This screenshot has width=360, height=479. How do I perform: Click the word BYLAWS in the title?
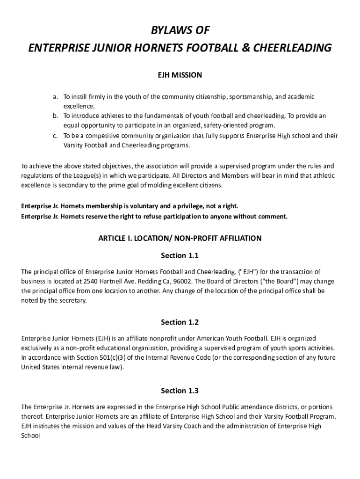(167, 30)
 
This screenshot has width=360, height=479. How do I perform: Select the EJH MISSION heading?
(180, 75)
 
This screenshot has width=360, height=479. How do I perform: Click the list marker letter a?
(55, 97)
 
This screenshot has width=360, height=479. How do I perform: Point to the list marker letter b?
(55, 116)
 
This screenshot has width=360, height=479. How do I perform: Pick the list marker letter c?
(55, 136)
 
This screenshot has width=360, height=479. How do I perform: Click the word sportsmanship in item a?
(251, 97)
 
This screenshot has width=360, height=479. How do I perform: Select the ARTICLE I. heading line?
(180, 238)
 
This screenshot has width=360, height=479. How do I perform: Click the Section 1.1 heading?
(180, 255)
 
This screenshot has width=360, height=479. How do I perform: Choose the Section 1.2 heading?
(180, 322)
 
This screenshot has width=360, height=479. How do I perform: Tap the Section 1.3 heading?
(180, 390)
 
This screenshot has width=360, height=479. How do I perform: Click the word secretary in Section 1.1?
(73, 301)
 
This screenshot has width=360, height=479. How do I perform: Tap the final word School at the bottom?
(31, 435)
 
